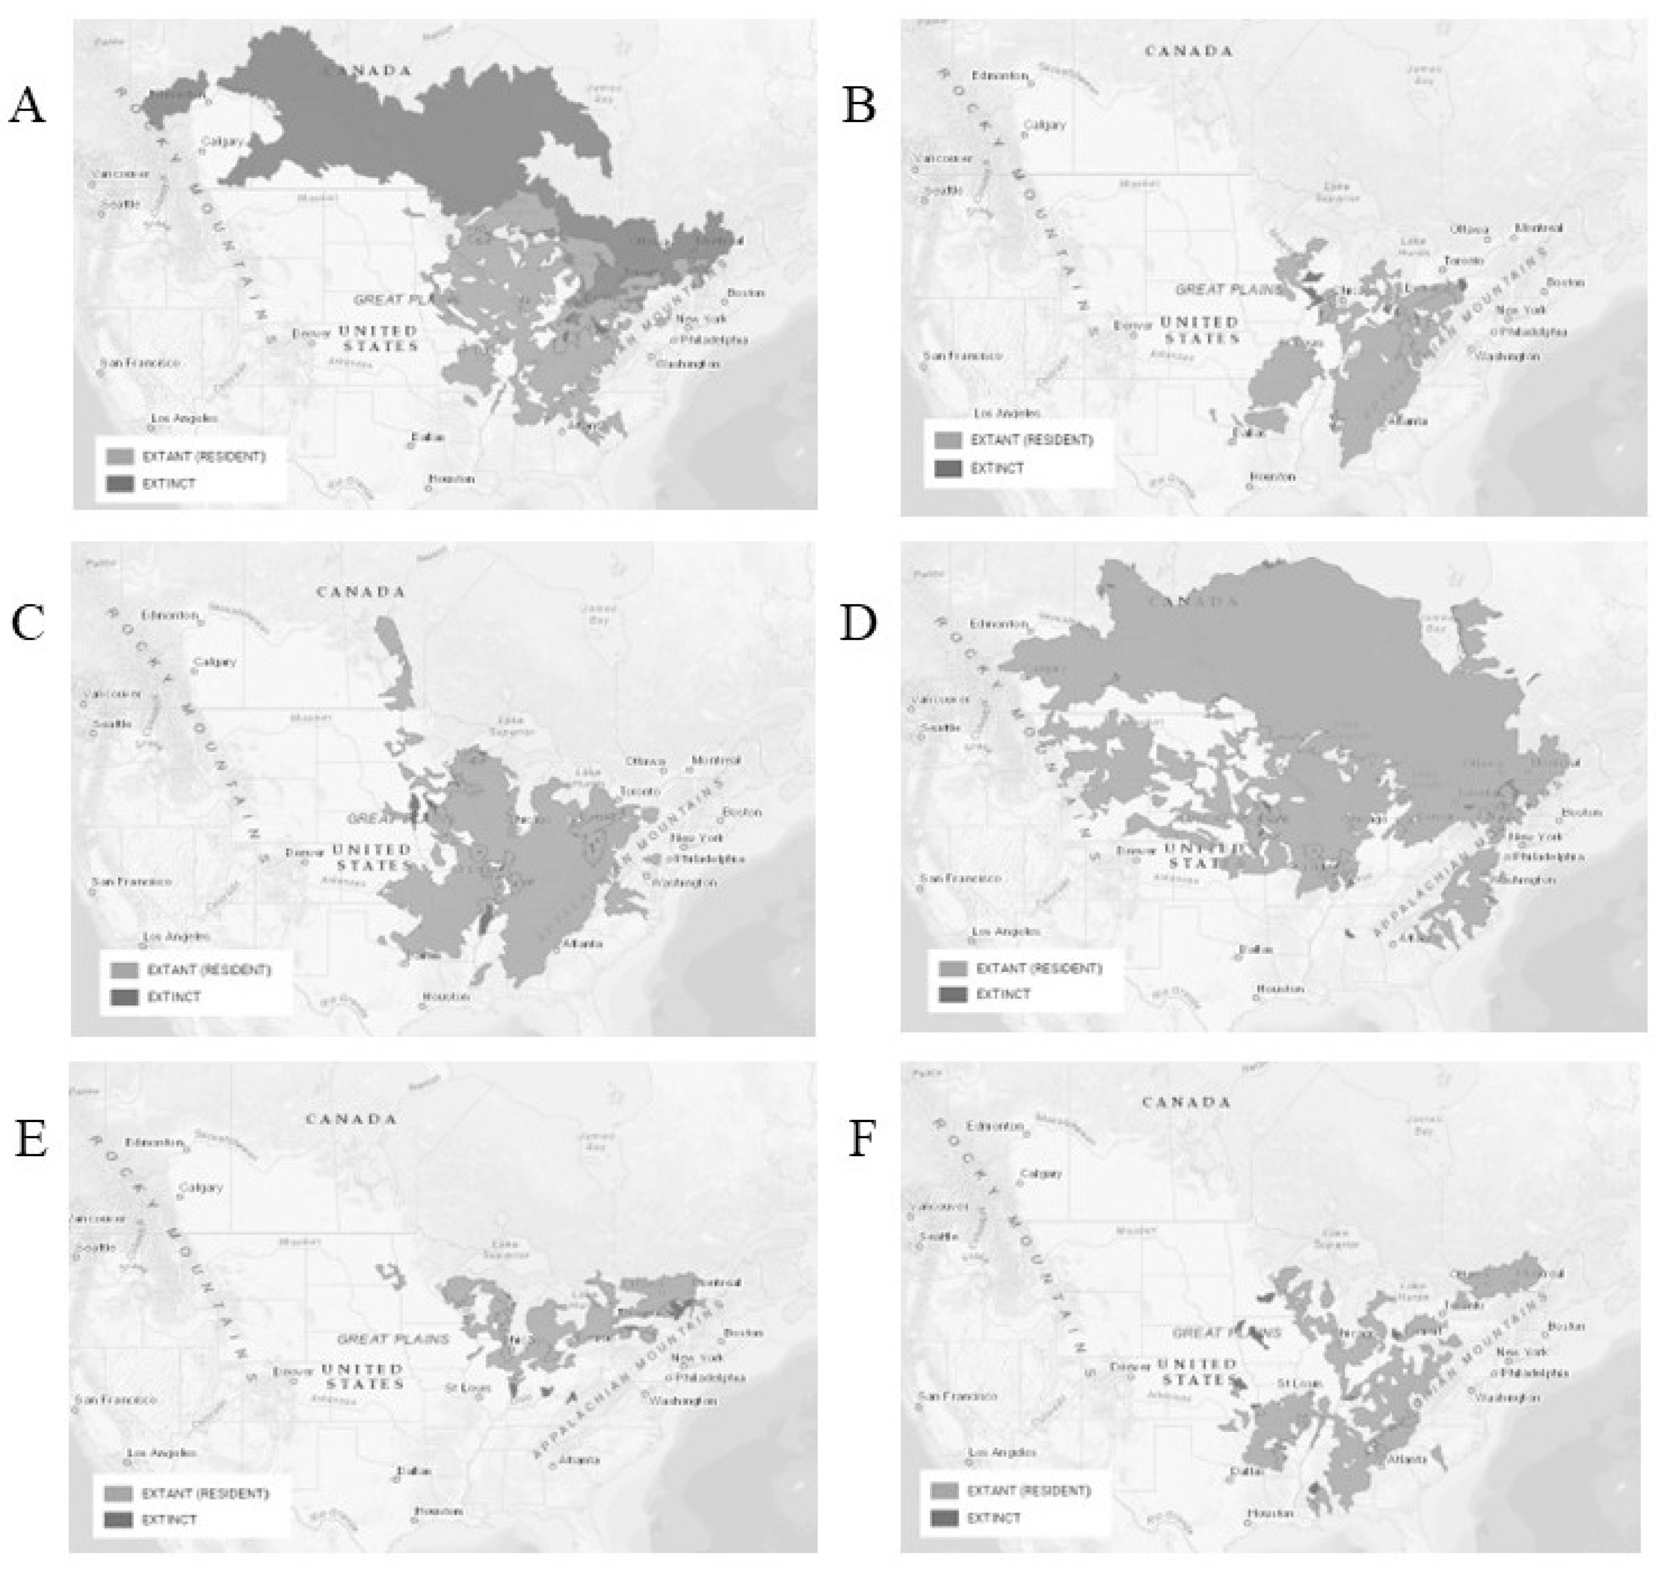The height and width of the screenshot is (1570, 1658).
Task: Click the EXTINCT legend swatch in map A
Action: (120, 483)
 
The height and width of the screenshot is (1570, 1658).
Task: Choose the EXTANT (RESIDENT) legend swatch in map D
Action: (953, 968)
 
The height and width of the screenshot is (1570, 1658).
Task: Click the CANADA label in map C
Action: (360, 592)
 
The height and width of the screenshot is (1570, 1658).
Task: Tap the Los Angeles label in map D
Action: (1006, 931)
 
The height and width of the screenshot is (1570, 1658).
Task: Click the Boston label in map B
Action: (1565, 283)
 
